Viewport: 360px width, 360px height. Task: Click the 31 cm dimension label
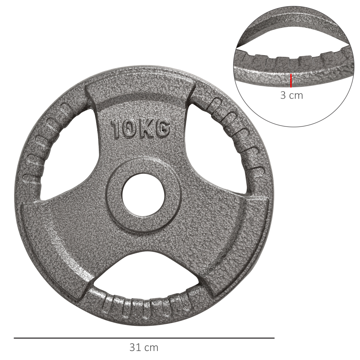point(144,348)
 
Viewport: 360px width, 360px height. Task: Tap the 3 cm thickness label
point(291,95)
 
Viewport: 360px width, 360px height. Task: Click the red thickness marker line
point(291,81)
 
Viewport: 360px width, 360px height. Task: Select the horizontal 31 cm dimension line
point(144,338)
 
